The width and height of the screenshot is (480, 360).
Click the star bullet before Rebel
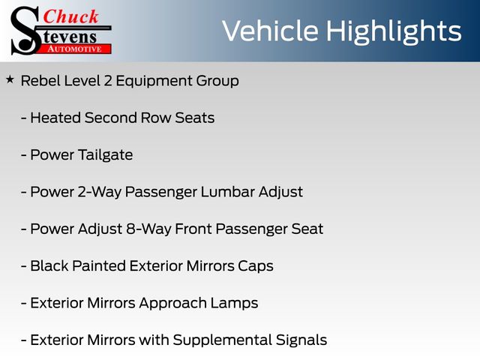click(10, 79)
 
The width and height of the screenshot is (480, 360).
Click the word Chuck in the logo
click(70, 16)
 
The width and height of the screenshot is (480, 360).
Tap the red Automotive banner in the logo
click(75, 49)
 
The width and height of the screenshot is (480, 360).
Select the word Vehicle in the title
click(270, 31)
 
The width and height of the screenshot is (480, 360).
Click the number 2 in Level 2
click(108, 81)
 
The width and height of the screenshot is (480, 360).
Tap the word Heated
click(55, 118)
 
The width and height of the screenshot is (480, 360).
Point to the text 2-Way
click(100, 193)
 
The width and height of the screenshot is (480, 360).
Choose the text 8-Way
click(148, 229)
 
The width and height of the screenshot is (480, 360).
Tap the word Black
click(49, 265)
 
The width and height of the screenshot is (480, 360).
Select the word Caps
click(256, 266)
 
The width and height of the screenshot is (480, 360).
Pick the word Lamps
click(234, 303)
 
